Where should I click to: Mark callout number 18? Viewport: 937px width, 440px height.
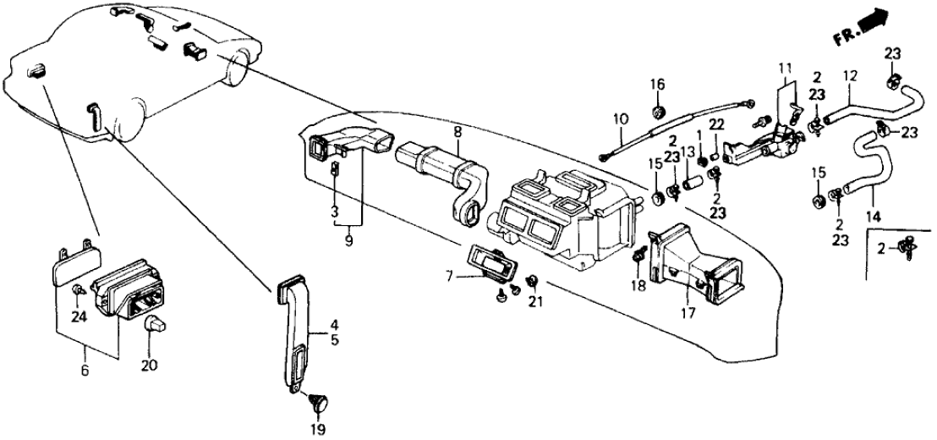(x=638, y=286)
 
